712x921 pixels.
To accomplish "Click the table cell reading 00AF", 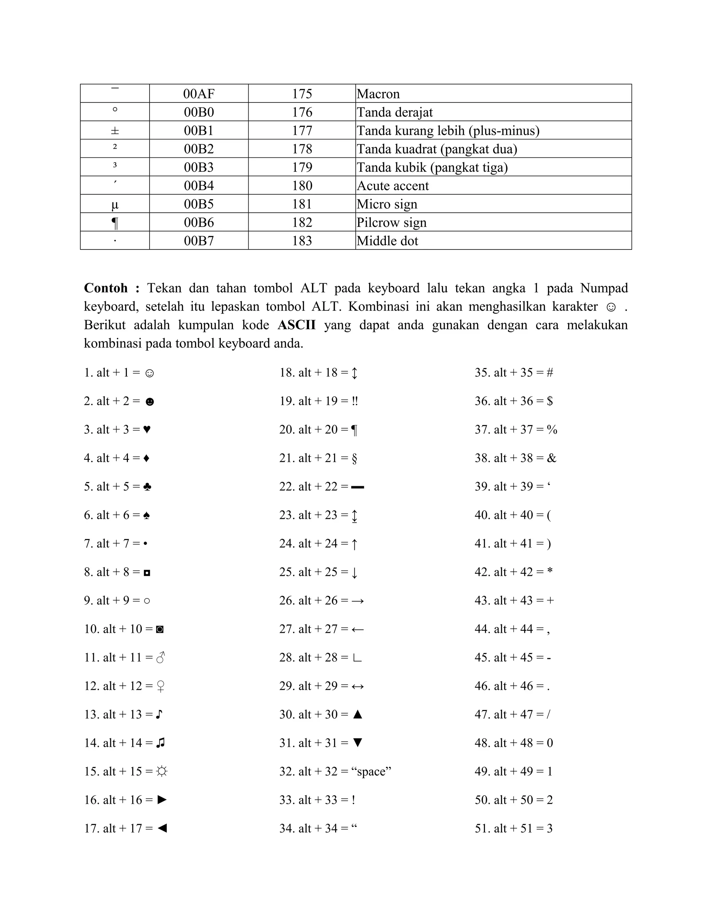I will tap(199, 93).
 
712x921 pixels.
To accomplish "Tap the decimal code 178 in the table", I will tap(302, 149).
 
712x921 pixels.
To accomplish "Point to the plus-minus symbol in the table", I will tap(115, 131).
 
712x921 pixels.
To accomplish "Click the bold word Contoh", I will tap(106, 288).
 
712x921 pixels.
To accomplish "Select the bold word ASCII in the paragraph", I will tap(297, 325).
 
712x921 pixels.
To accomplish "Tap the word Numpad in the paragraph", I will tap(604, 288).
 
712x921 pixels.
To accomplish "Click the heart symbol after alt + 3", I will tap(147, 429).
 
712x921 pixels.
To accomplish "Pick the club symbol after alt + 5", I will tap(147, 487).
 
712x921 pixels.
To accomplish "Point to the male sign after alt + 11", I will tap(161, 658).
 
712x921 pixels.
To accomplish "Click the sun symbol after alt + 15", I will tap(162, 771).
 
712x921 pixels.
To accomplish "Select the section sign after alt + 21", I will tap(354, 458).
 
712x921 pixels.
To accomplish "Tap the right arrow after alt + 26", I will tap(357, 601).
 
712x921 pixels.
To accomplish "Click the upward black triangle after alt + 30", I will tap(357, 714).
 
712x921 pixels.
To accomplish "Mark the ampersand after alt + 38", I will tap(551, 458).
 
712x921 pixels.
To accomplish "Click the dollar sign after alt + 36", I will tap(550, 401).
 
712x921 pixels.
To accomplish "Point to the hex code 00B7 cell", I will tap(199, 241).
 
